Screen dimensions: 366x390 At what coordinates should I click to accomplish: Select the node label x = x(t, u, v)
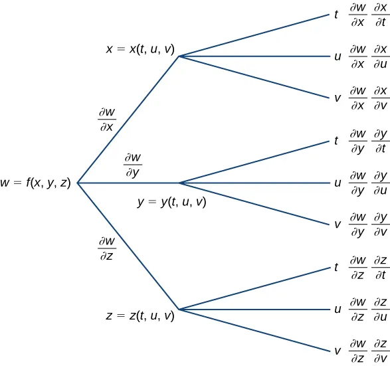pyautogui.click(x=140, y=49)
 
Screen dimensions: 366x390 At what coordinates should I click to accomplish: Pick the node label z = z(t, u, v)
pyautogui.click(x=140, y=316)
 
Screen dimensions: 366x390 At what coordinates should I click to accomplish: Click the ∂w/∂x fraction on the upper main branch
pyautogui.click(x=107, y=120)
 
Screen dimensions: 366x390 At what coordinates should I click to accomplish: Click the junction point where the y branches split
pyautogui.click(x=180, y=183)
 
